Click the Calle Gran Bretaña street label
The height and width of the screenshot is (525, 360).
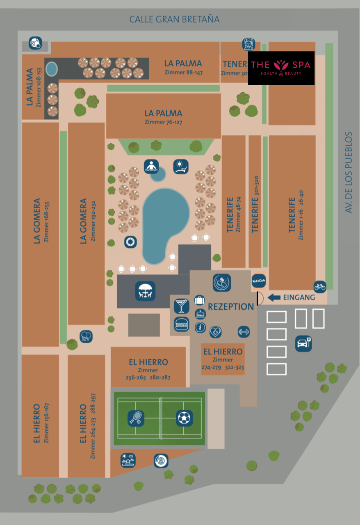click(174, 19)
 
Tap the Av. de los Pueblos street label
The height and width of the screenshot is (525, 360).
click(349, 172)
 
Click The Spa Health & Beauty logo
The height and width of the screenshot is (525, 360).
click(281, 68)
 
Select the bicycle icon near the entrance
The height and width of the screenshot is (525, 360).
click(320, 287)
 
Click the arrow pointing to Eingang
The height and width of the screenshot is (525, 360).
click(274, 298)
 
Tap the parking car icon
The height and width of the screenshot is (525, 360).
click(303, 343)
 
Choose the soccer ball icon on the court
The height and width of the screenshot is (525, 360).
click(185, 418)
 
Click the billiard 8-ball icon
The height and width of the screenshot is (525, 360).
click(161, 461)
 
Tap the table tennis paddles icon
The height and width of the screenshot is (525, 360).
click(86, 336)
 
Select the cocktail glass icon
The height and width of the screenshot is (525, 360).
click(181, 306)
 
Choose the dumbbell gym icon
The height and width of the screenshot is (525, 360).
click(244, 332)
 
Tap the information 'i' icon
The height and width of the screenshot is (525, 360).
click(200, 327)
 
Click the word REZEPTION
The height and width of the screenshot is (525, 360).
click(231, 307)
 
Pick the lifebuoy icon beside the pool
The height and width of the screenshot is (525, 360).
click(130, 242)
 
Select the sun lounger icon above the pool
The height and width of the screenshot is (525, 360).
click(181, 167)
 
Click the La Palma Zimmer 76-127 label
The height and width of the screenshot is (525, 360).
click(163, 116)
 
